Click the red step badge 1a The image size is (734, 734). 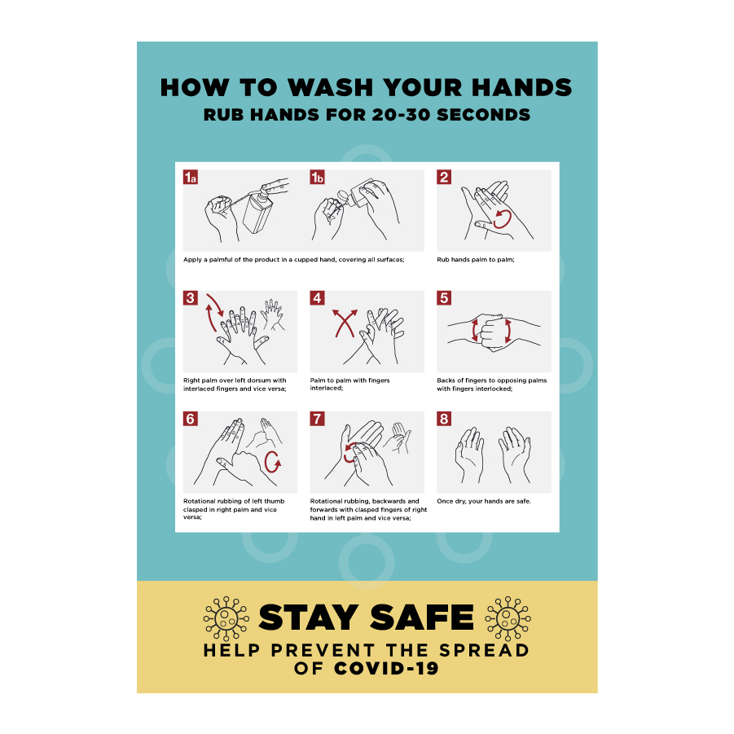[190, 177]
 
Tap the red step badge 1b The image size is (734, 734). [317, 177]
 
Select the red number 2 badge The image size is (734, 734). [444, 177]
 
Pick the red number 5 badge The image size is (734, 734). [444, 297]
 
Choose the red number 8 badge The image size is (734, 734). [444, 419]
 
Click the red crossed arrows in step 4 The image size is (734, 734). [345, 323]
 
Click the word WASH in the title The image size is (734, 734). [330, 87]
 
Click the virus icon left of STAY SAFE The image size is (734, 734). [226, 618]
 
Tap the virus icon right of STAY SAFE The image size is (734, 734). [508, 618]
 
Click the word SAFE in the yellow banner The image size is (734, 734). [422, 618]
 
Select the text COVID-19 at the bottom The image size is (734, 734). [386, 669]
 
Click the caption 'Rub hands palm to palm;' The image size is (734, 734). [476, 260]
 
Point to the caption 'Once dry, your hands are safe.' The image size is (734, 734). [484, 501]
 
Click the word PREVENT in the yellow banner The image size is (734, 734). [323, 650]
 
